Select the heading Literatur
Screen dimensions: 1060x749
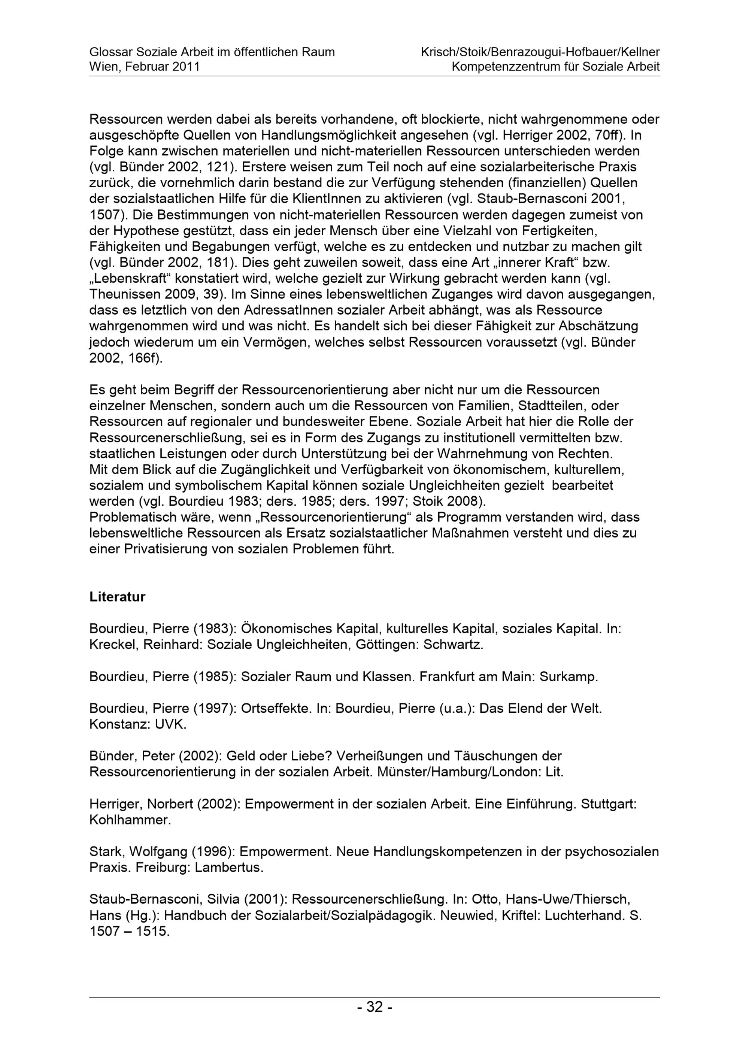(117, 597)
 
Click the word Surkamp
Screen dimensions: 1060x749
(568, 677)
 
